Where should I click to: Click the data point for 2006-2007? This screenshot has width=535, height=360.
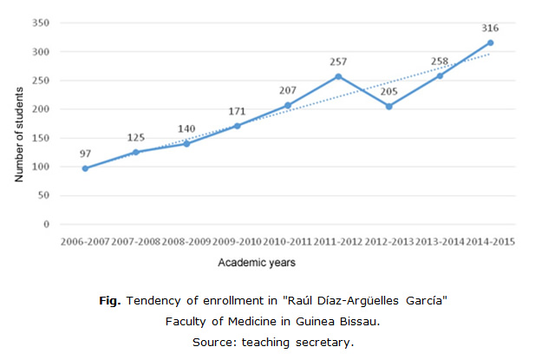point(84,168)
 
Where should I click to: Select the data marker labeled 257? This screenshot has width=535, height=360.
point(338,76)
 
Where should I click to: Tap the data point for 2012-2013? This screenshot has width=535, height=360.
point(388,107)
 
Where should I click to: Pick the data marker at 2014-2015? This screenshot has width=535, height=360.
point(491,43)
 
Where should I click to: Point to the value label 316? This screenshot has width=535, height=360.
point(491,28)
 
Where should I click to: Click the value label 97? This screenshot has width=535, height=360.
point(84,153)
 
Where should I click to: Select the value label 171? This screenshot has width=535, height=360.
point(236,112)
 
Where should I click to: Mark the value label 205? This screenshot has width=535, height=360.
point(388,92)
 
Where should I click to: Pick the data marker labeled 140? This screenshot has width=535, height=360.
point(186,143)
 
